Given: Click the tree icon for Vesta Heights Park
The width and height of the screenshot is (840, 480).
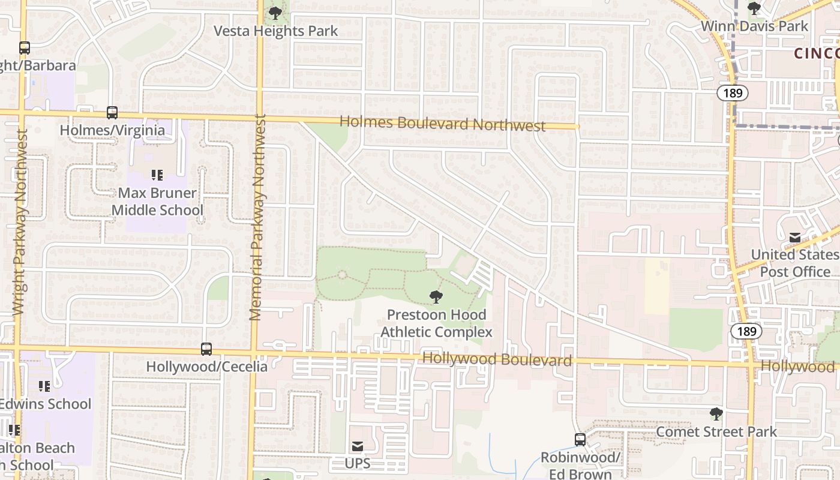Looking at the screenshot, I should tap(275, 13).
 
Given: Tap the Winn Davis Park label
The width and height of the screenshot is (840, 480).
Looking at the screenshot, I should tap(755, 26).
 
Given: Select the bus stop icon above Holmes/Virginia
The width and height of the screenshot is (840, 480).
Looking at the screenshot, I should tap(112, 112).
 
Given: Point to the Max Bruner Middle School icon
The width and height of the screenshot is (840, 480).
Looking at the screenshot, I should tap(157, 175).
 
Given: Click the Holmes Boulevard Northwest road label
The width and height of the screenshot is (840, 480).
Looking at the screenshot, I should tap(443, 124).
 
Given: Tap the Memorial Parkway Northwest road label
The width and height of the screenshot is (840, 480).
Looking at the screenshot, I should tap(257, 217).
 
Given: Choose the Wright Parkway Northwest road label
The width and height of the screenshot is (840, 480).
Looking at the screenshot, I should tap(19, 222).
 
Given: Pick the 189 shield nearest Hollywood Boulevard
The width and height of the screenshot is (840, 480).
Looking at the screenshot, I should tap(746, 331).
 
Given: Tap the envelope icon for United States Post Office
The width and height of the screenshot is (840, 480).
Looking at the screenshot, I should tap(795, 238).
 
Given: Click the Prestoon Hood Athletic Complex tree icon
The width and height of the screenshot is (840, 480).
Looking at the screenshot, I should tap(436, 296).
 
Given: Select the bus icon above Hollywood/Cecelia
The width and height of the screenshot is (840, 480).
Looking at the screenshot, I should tap(206, 349).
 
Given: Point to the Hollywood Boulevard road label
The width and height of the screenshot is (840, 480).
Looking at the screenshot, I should tap(497, 360).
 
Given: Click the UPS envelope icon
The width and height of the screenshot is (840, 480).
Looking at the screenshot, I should tap(358, 446).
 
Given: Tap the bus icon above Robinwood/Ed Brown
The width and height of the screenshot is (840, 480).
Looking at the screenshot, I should tap(580, 440).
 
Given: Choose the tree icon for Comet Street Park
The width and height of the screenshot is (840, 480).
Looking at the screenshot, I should tap(716, 413).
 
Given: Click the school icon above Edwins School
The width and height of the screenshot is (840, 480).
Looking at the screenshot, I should tap(44, 386).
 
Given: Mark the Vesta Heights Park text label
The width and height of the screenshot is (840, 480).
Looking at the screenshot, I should tap(277, 31).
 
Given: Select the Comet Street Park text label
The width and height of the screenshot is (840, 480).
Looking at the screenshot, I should tap(716, 432).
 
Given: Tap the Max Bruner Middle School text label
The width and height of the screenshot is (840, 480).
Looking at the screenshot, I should tap(157, 202).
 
